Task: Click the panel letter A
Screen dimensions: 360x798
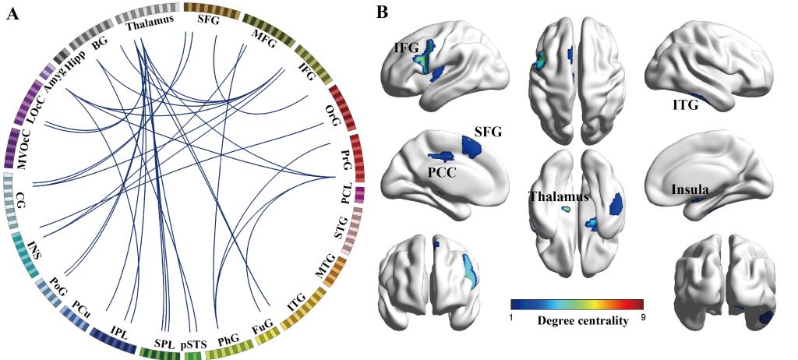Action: (x=12, y=13)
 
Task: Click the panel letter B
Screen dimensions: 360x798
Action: (x=383, y=13)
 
